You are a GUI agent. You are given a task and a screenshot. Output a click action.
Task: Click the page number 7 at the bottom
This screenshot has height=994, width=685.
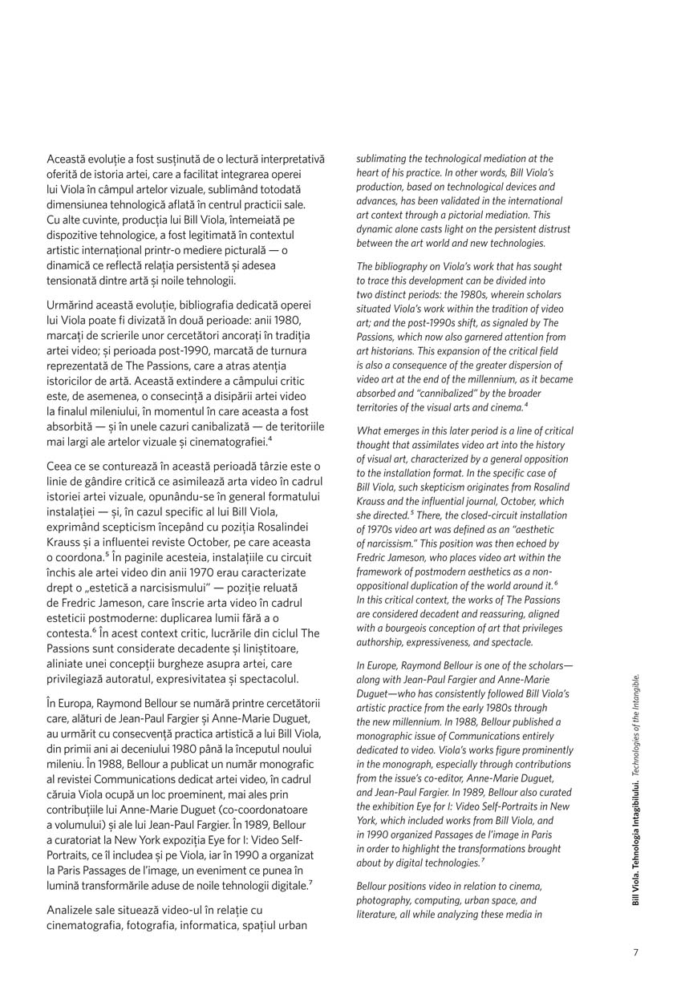pos(635,952)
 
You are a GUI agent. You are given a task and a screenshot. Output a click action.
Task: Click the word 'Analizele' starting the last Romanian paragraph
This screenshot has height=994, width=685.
pos(73,910)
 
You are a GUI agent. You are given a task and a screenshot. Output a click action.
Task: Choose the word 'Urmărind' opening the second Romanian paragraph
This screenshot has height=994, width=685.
pos(73,306)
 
